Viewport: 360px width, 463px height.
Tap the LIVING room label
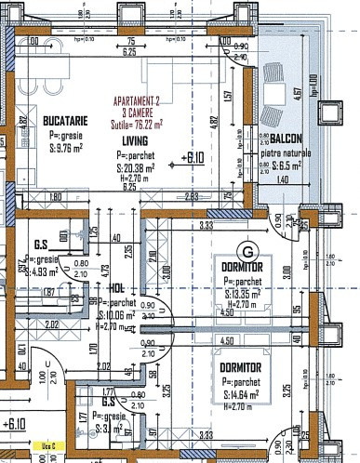[134, 141]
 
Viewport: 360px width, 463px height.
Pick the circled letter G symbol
[247, 251]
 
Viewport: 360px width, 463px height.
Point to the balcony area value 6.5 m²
[292, 165]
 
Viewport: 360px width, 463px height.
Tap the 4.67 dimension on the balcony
[296, 92]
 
